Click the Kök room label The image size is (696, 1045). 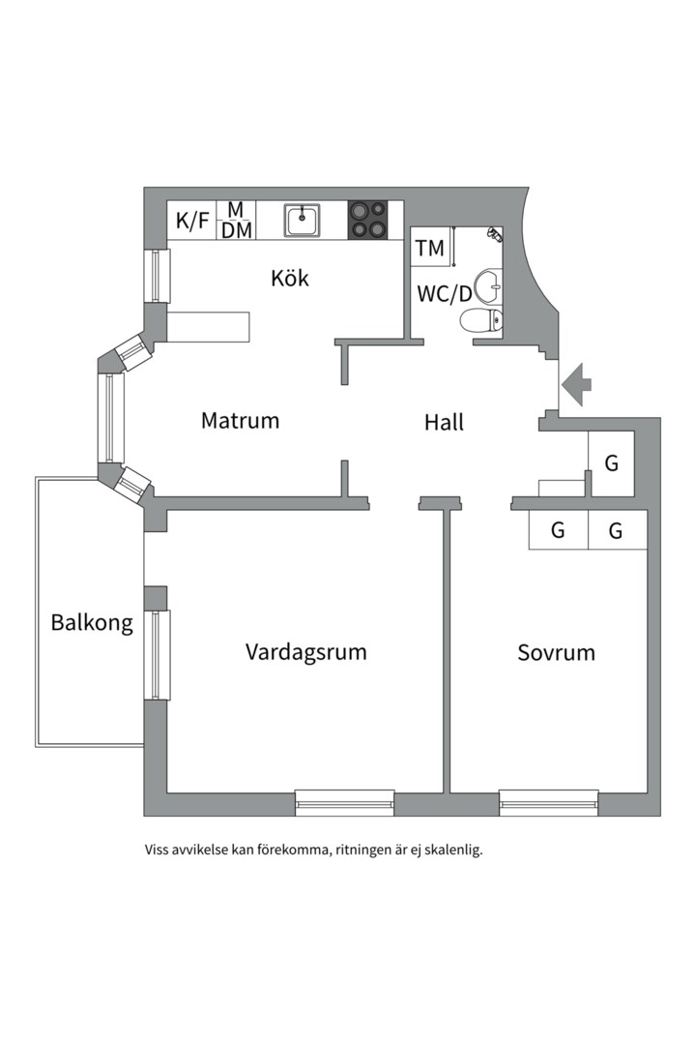coord(290,278)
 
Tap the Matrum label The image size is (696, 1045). coord(240,421)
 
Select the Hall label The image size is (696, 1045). coord(445,422)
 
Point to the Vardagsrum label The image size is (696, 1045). coord(305,652)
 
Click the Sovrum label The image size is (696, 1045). coord(556,652)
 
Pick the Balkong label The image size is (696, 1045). coord(92,623)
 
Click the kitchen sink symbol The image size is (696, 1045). coord(303,220)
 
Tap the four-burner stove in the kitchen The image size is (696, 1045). coord(367,220)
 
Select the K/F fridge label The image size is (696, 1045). coord(192,221)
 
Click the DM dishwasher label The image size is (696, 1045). coord(237,230)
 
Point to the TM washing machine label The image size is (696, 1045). coord(429,248)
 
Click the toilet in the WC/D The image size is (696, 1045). coord(480,320)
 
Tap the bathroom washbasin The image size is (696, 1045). coord(489,284)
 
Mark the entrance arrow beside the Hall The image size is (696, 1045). coord(576,384)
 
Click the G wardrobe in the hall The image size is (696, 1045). coord(611,463)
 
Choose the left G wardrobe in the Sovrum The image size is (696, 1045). coord(558,530)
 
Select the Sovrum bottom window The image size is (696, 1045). coord(549,802)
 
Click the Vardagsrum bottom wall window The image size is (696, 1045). coord(345,802)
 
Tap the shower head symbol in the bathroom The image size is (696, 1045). coord(494,234)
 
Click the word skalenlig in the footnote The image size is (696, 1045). coord(452,851)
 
